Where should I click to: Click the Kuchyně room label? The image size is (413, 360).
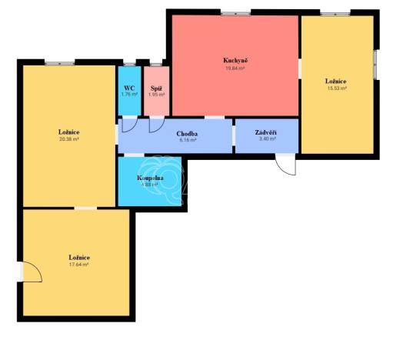coord(236,60)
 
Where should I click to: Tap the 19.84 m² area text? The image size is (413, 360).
coord(235,68)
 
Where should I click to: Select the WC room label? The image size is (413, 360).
coord(129,88)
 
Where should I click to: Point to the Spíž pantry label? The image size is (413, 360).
coord(156,88)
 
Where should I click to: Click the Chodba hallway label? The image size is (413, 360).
coord(188,134)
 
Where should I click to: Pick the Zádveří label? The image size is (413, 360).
coord(266,132)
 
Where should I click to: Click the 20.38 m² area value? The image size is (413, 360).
coord(69,139)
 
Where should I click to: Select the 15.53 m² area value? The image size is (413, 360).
coord(336,88)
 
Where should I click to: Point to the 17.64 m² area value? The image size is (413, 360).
coord(78,265)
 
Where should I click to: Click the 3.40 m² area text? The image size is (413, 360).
coord(266,139)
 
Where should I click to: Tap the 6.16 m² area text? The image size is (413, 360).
coord(188,141)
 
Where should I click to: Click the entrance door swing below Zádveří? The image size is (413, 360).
coord(285,164)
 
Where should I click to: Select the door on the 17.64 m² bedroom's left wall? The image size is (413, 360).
coord(31,272)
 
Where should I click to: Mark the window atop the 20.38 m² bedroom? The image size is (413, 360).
coord(59,62)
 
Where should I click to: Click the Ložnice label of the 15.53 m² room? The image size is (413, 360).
coord(336,81)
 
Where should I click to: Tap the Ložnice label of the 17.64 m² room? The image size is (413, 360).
coord(79,257)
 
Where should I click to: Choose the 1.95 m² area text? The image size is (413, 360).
coord(156,95)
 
